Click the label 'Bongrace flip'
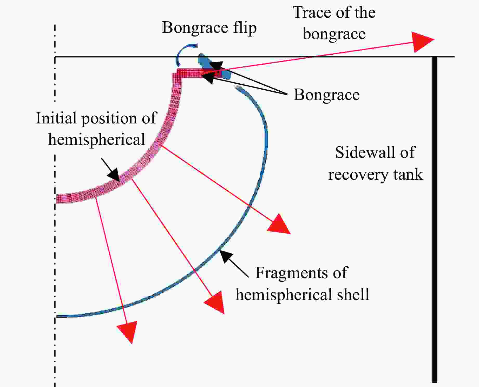coord(209,28)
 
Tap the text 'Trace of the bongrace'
coord(334,23)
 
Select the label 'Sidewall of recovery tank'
coord(375,163)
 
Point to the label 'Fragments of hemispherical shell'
coord(302,284)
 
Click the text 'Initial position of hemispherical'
coord(96,129)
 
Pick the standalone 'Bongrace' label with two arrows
coord(327,95)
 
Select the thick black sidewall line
coord(434,219)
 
